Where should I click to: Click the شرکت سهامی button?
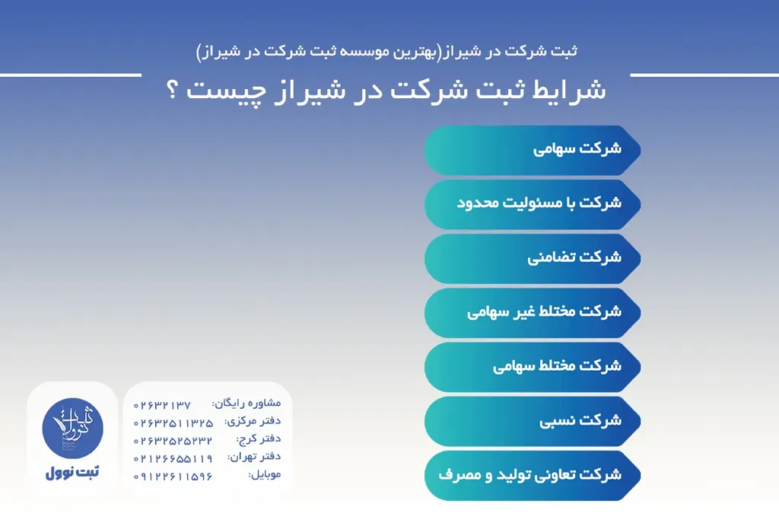coord(533,148)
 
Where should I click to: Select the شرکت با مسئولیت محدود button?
coord(533,203)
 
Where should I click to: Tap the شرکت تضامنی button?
coord(533,257)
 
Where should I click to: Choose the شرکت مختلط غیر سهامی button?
coord(533,312)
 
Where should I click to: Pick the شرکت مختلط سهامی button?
coord(533,366)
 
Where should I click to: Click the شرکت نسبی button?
coord(533,420)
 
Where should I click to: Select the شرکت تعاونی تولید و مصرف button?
coord(533,475)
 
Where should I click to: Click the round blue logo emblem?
coord(72,427)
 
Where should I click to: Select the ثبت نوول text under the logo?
coord(72,472)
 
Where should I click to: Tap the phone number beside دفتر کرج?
coord(173,440)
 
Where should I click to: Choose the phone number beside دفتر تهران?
coord(173,458)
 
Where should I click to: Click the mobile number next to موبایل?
coord(173,477)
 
